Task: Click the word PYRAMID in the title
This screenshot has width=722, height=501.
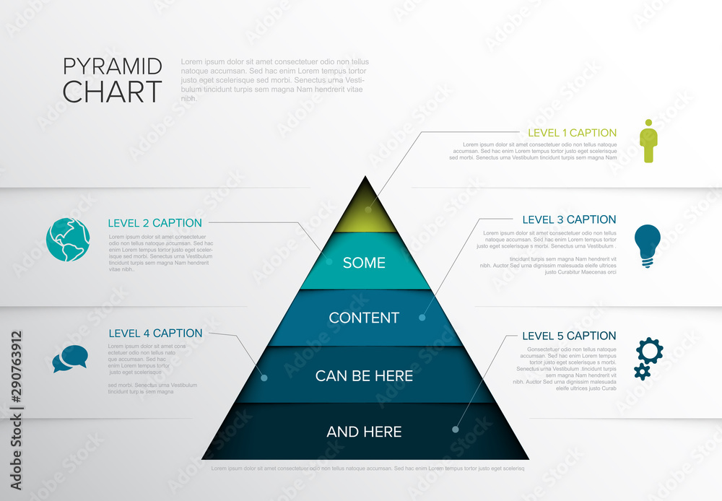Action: point(112,66)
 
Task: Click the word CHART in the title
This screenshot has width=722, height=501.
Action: point(112,92)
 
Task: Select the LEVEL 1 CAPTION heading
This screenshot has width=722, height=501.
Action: point(572,133)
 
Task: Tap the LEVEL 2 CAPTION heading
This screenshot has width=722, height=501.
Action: point(155,223)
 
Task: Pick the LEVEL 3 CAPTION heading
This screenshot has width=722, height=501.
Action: point(569,219)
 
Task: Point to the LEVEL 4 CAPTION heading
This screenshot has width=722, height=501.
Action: point(155,334)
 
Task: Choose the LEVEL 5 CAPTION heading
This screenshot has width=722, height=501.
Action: point(569,336)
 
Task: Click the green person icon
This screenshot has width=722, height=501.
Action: point(648,141)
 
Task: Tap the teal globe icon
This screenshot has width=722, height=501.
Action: point(69,240)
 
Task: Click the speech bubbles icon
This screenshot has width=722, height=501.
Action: point(70,359)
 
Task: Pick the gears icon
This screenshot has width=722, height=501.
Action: point(648,358)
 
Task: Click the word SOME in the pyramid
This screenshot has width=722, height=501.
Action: point(364,263)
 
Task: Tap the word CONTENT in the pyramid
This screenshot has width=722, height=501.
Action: point(364,318)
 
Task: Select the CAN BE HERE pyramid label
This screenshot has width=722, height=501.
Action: point(364,375)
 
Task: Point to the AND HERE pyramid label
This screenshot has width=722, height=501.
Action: point(364,432)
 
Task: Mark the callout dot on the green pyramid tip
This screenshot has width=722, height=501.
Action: point(367,210)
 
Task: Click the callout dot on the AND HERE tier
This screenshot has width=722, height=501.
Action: point(455,430)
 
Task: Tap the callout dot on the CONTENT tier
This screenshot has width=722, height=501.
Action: point(422,317)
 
